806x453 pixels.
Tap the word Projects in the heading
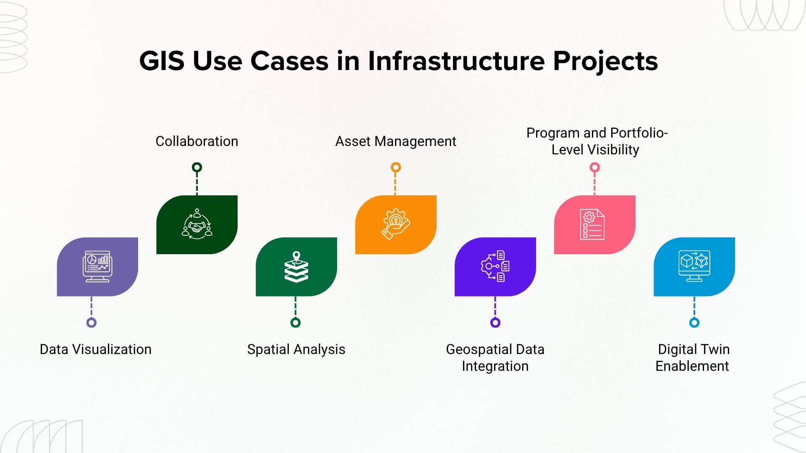(x=605, y=61)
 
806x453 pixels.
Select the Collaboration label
(x=196, y=141)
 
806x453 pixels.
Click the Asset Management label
(x=395, y=141)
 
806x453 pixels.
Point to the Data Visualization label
(x=95, y=349)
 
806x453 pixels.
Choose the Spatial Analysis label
(x=296, y=349)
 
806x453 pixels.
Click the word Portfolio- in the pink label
(x=639, y=133)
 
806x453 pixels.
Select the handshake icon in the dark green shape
(x=197, y=224)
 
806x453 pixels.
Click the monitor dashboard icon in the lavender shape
(x=97, y=266)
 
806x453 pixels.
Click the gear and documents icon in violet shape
(x=495, y=266)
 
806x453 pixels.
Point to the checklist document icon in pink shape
(x=592, y=224)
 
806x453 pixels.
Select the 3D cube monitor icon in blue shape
(x=694, y=266)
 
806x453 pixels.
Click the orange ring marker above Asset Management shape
(x=395, y=167)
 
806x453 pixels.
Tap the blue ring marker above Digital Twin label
(x=694, y=323)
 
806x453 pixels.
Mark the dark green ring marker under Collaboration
(x=197, y=167)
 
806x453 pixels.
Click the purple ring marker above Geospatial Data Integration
(x=495, y=323)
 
